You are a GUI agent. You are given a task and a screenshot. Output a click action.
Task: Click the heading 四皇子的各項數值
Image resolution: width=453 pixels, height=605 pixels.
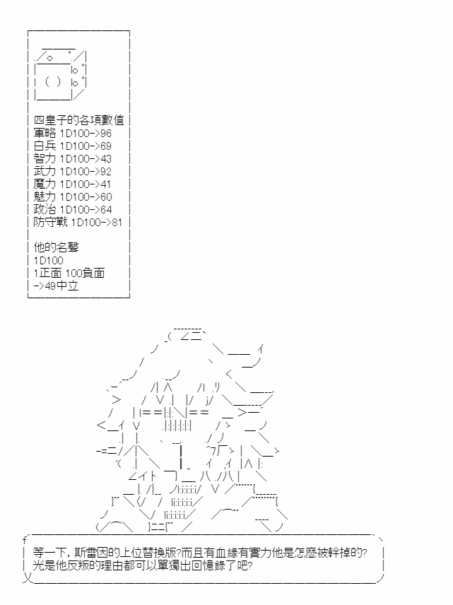78,120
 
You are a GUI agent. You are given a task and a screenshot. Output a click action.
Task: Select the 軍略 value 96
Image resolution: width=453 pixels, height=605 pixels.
106,134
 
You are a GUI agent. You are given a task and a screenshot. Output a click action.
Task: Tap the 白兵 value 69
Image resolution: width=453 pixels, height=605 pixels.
106,146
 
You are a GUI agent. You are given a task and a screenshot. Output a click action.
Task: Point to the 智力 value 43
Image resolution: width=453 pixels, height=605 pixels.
106,159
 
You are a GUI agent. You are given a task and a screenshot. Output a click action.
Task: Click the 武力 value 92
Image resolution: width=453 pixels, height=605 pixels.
106,172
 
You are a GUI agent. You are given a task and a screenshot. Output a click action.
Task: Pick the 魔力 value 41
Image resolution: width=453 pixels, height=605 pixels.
105,184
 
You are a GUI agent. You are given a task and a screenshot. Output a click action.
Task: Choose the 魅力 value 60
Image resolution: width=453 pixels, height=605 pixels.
106,197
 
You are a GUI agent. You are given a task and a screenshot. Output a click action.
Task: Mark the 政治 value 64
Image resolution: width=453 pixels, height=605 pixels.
106,210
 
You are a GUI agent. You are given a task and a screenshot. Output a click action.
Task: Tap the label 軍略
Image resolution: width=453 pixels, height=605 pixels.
45,133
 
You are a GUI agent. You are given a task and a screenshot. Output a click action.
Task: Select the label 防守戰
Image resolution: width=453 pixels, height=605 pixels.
51,222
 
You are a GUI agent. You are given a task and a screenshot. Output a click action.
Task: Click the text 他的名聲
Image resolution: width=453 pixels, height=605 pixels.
57,247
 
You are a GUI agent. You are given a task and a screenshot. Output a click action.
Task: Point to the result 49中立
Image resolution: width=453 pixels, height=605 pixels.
61,286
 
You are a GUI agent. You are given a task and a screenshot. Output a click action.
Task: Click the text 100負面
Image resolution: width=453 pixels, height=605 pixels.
85,274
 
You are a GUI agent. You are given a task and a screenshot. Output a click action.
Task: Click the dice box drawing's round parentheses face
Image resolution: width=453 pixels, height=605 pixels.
53,82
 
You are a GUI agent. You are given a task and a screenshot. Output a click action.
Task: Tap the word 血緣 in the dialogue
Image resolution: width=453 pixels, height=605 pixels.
226,553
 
